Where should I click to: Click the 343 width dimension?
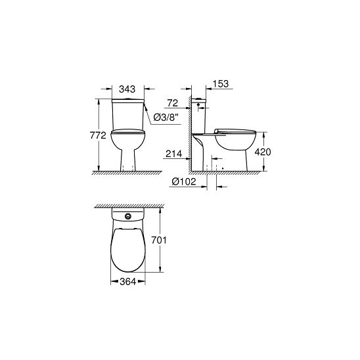coord(127,89)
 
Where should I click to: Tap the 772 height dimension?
coord(98,135)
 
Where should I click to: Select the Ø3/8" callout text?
coord(166,118)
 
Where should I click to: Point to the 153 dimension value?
coord(221,84)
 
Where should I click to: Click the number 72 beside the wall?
coord(172,103)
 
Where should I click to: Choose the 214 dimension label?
coord(174,154)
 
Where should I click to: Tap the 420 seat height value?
coord(263,152)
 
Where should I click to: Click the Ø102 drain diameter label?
coord(184,181)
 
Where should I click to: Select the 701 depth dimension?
coord(159,240)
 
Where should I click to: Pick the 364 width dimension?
coord(128,281)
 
